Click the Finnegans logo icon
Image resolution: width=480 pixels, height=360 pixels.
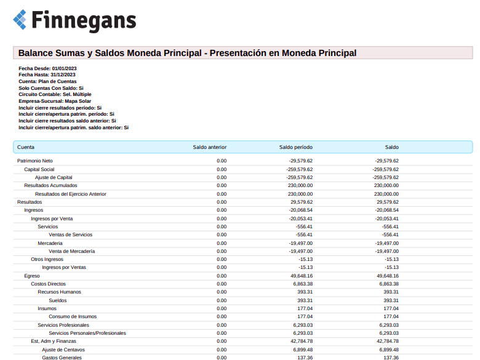point(20,20)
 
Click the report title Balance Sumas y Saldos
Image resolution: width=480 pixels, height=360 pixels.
point(187,53)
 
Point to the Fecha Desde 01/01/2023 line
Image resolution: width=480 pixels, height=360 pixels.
point(47,68)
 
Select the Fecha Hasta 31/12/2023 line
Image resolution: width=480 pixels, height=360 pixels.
point(47,74)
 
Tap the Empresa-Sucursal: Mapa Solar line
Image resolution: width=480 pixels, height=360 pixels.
point(55,101)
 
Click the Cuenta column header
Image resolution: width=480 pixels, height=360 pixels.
point(26,148)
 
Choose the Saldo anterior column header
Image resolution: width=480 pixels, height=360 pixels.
point(209,148)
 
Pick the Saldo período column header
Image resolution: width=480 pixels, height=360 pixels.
point(295,148)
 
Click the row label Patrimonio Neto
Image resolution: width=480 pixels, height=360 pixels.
point(35,161)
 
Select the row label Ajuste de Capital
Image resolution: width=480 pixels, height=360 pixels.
point(54,177)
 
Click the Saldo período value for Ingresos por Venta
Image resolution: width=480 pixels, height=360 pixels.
point(300,218)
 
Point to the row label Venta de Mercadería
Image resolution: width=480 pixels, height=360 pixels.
point(71,251)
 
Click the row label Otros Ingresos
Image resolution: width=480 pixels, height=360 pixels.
point(47,259)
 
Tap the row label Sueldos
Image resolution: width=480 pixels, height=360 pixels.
point(57,300)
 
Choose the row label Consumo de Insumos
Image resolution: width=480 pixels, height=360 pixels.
point(73,316)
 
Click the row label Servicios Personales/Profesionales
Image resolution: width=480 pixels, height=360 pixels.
point(87,333)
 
